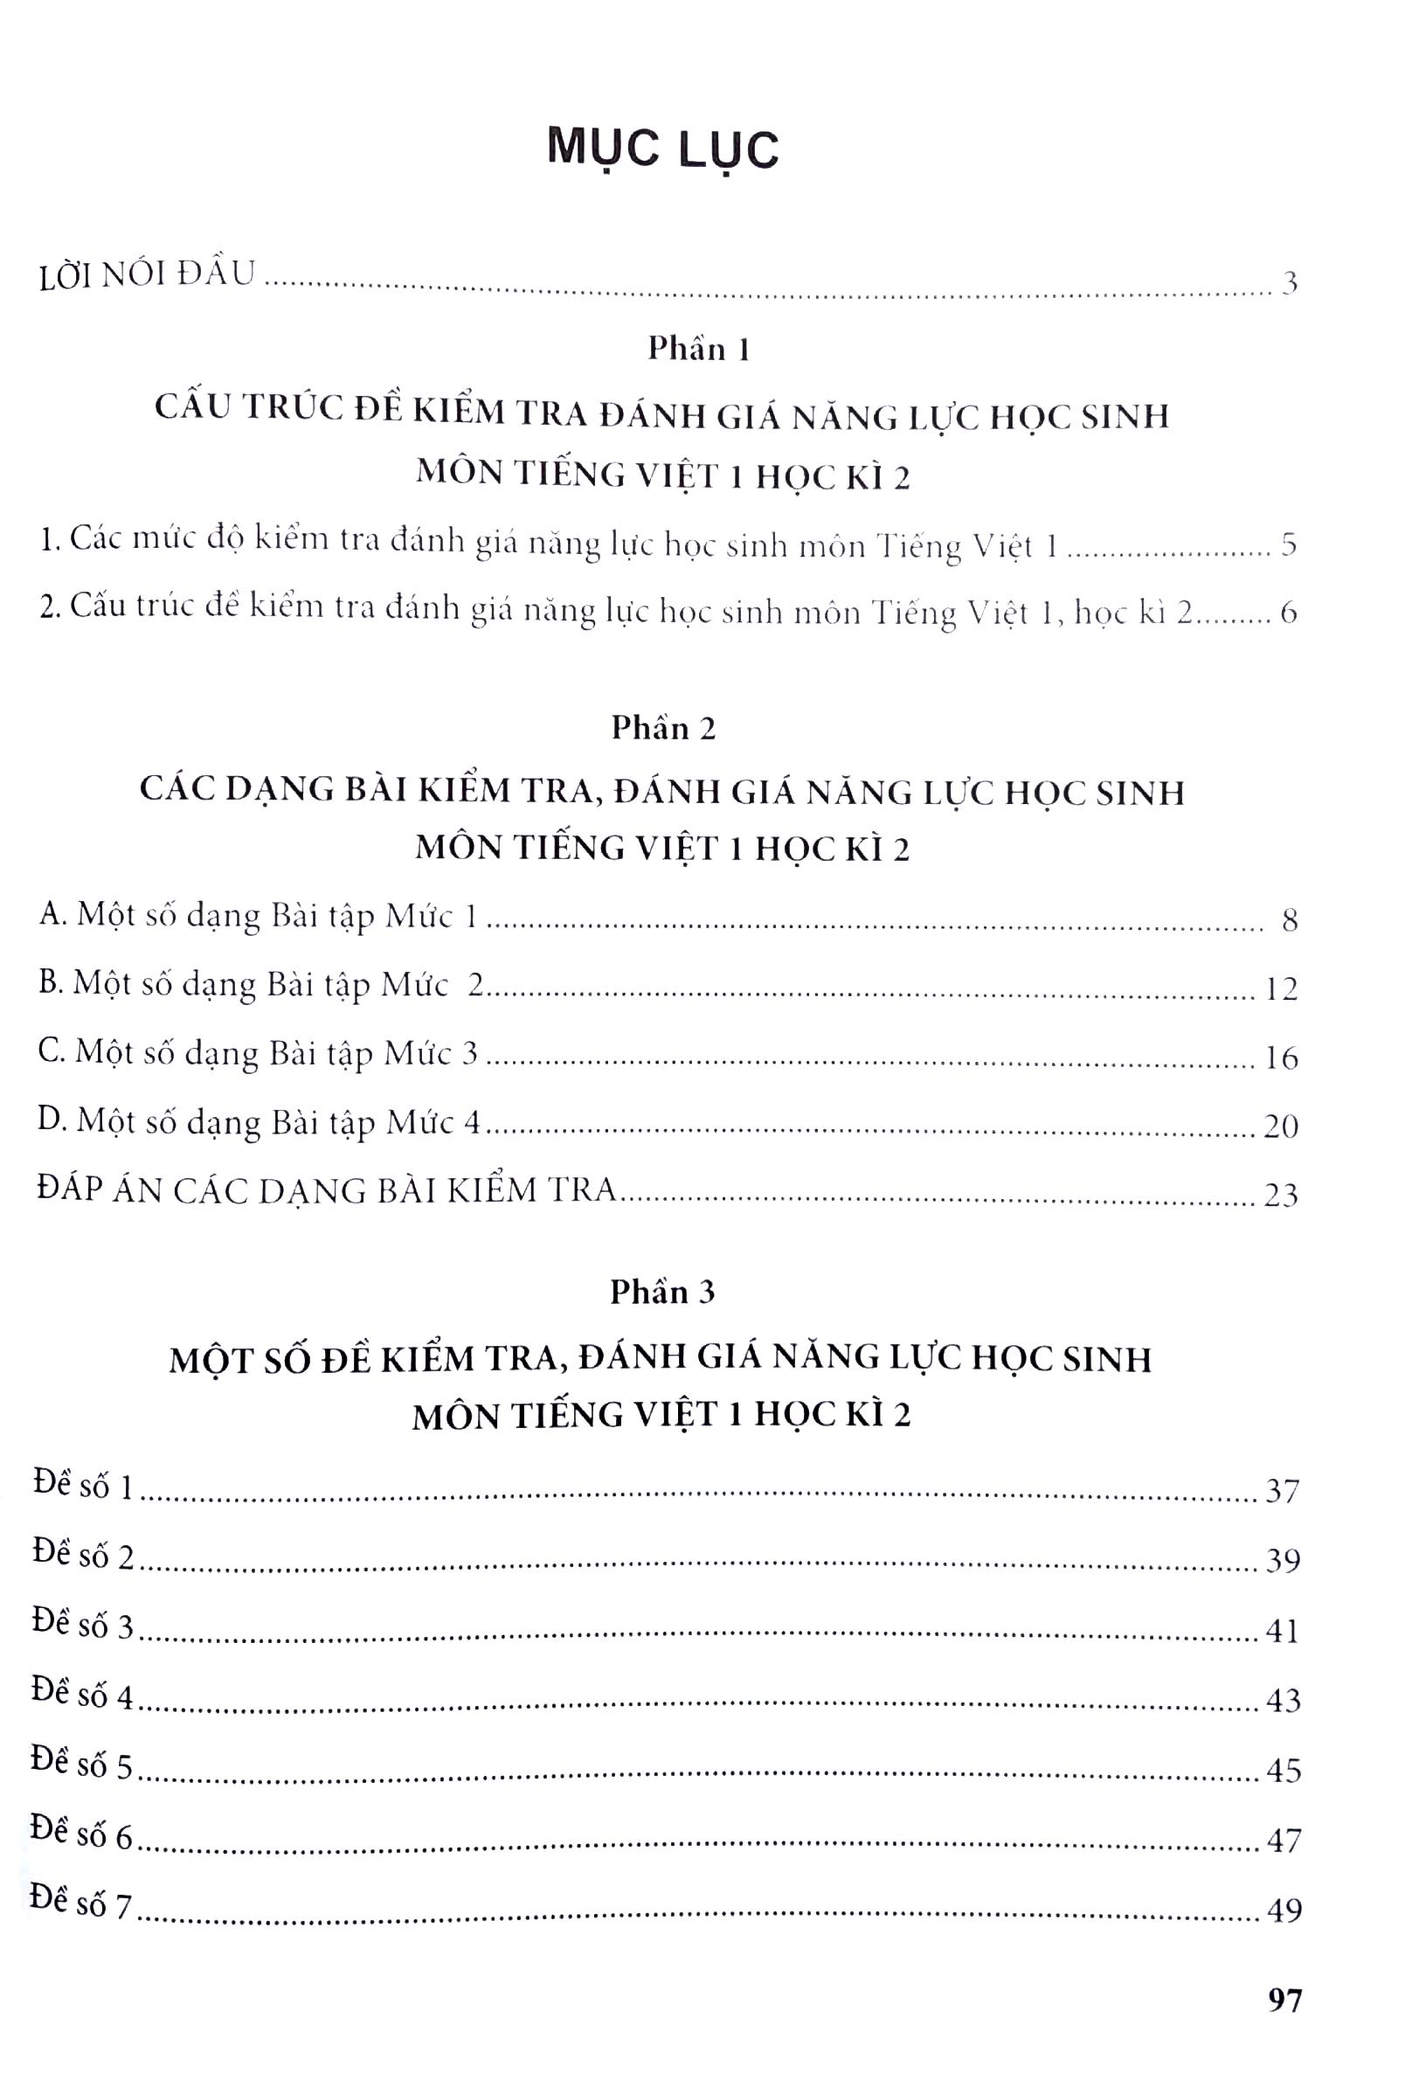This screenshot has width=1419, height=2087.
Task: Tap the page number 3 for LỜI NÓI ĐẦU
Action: tap(1290, 284)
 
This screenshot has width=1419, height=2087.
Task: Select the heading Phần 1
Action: tap(699, 349)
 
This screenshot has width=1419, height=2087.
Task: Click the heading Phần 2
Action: tap(663, 728)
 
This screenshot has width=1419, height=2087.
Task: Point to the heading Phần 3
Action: tap(662, 1292)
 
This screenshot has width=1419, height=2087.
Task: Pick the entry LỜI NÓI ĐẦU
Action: tap(149, 274)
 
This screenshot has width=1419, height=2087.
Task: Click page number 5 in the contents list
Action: tap(1289, 546)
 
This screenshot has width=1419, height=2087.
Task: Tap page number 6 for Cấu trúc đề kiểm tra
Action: tap(1289, 614)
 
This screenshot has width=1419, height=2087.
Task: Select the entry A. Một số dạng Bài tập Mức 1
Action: tap(258, 916)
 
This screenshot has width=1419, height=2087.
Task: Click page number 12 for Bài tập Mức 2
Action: tap(1281, 988)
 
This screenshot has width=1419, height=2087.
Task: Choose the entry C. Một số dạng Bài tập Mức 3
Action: tap(259, 1053)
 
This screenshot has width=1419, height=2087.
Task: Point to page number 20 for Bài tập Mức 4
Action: tap(1281, 1127)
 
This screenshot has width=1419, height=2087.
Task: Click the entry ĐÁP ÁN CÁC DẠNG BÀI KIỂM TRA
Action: tap(329, 1191)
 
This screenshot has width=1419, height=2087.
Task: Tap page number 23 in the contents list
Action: tap(1281, 1196)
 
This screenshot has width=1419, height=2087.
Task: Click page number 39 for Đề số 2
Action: tap(1283, 1562)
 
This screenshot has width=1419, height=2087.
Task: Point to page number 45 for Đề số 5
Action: tap(1283, 1770)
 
